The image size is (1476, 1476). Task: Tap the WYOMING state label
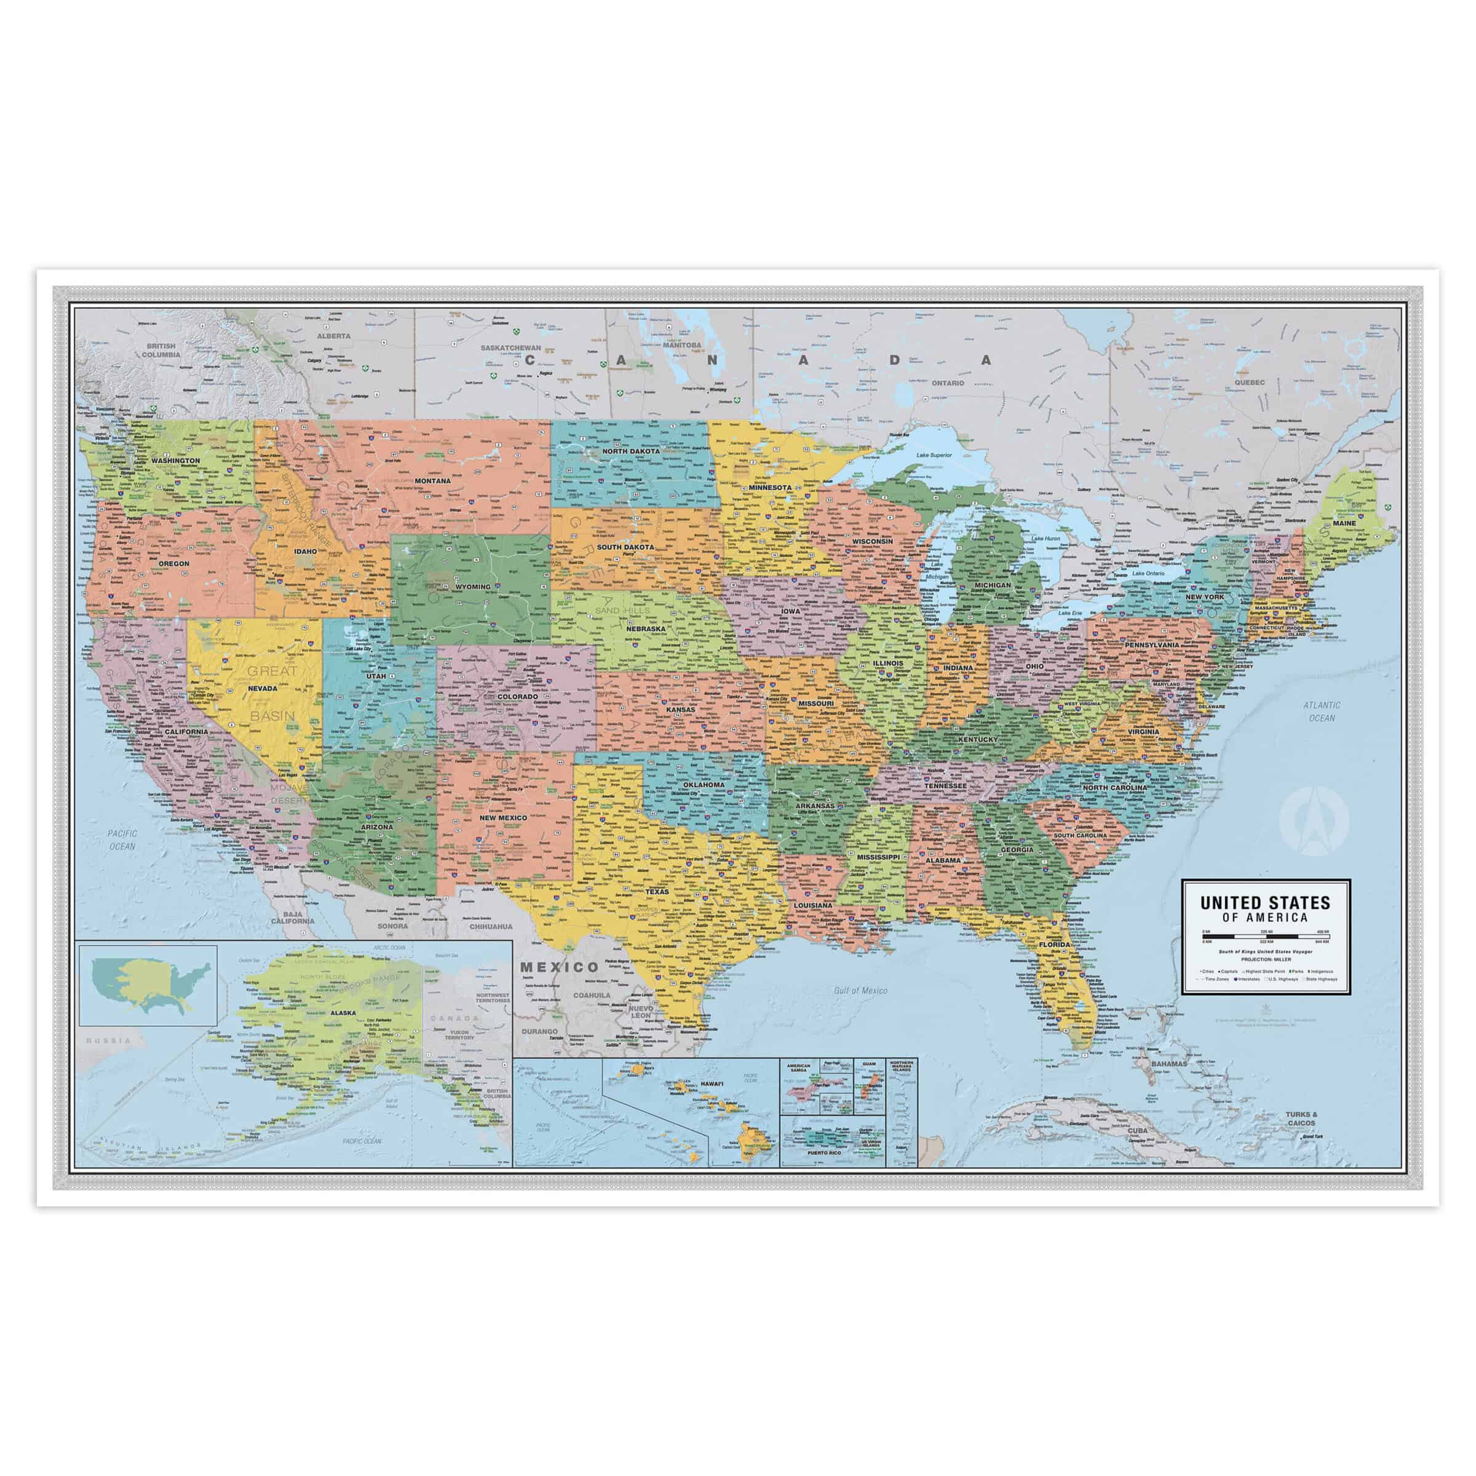click(x=474, y=587)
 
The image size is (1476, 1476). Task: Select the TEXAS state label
click(x=656, y=892)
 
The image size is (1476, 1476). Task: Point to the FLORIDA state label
click(x=1056, y=945)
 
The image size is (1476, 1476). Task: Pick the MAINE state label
click(x=1344, y=523)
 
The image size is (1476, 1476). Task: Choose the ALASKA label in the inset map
click(x=343, y=1013)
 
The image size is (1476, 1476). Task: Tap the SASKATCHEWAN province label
click(x=511, y=347)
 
